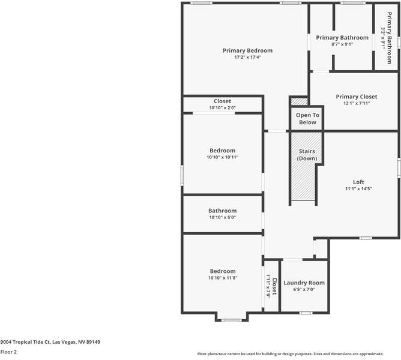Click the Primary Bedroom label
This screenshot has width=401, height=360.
click(247, 50)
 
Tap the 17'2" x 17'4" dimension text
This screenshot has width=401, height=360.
click(247, 57)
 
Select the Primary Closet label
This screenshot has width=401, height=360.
click(357, 97)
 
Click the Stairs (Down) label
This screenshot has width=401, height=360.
click(307, 155)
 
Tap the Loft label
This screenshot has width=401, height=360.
click(358, 182)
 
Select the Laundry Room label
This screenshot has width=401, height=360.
click(304, 283)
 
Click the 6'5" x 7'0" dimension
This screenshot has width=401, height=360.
click(304, 289)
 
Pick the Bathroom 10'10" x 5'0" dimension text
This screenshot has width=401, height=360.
click(222, 217)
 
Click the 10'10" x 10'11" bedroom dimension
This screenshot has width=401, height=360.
click(222, 157)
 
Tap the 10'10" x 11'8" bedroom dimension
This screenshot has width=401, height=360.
click(222, 278)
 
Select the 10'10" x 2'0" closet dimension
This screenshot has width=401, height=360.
click(222, 108)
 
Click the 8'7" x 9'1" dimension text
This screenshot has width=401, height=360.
click(342, 44)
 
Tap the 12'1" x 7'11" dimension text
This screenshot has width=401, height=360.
click(357, 103)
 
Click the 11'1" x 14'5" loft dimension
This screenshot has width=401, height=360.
click(358, 189)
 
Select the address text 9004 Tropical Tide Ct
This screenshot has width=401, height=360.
click(50, 342)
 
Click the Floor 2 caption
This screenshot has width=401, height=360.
click(8, 352)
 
